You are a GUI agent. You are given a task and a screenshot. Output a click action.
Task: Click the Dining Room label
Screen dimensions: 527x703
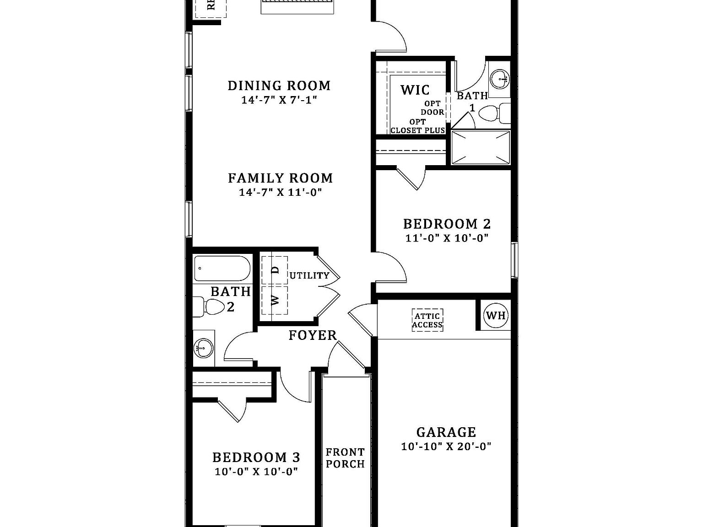pos(279,86)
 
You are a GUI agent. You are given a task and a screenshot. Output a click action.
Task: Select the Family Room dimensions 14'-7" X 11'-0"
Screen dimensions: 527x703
pos(280,192)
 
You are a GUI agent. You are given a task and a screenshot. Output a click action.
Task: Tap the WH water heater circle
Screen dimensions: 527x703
pos(496,315)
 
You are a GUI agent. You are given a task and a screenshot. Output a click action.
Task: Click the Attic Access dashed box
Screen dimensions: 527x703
pos(427,320)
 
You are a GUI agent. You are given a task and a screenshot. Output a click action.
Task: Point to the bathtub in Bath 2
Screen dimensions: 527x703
pos(222,269)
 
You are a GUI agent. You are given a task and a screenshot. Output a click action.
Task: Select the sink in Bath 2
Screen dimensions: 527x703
pos(204,348)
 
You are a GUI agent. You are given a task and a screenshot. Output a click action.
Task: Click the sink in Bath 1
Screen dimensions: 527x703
pos(499,79)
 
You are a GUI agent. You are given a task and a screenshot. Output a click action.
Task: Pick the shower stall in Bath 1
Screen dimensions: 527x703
pos(480,147)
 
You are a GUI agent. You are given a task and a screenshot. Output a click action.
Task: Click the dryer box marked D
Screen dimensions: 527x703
pos(275,270)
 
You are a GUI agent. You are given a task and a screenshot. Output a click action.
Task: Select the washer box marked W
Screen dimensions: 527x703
pos(275,300)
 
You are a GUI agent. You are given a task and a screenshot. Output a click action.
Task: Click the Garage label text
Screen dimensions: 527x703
pos(446,432)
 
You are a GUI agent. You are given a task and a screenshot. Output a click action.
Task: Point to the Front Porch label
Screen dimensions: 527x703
pos(345,458)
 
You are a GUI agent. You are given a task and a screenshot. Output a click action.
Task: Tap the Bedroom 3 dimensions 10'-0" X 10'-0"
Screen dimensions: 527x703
pos(256,472)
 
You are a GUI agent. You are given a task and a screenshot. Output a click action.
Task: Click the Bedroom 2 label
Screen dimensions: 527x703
pos(447,224)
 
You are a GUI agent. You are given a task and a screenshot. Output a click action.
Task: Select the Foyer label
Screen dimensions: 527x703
pos(313,335)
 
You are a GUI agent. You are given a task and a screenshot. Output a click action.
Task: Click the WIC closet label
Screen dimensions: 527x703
pos(415,90)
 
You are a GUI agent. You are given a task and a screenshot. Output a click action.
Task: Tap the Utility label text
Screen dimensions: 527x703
pos(309,275)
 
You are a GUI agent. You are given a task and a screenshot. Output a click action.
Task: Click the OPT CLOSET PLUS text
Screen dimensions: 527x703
pos(417,126)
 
